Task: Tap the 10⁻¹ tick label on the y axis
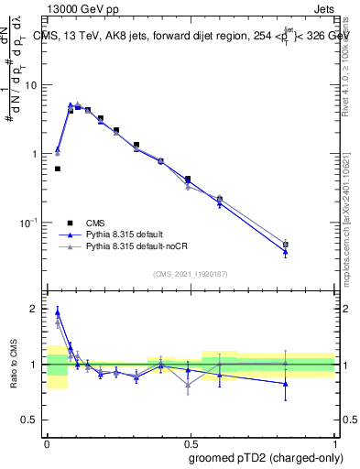(32, 223)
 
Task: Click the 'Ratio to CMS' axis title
(15, 364)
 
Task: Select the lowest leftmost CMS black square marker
(58, 169)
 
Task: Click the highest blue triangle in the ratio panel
(58, 311)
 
